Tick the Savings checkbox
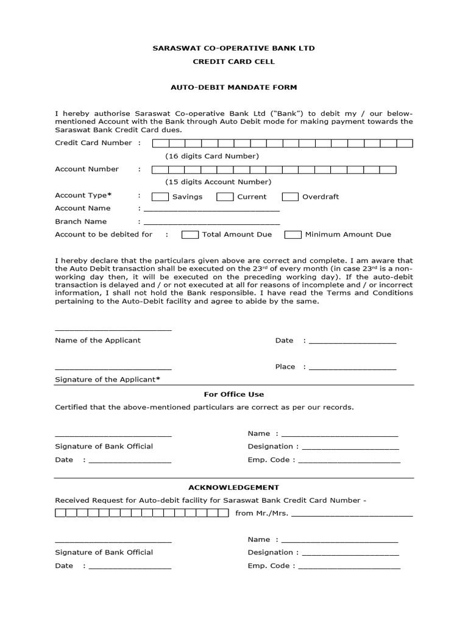click(160, 197)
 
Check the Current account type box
click(225, 197)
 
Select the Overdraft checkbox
click(291, 197)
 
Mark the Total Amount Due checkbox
click(190, 235)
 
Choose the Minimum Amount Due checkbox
click(294, 235)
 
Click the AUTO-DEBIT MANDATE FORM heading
click(233, 87)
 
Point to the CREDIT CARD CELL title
click(233, 62)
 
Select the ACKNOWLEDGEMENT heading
click(233, 487)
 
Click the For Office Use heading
click(233, 394)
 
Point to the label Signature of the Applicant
click(107, 380)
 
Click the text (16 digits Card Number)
click(212, 156)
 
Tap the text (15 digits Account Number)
click(218, 182)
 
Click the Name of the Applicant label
click(97, 340)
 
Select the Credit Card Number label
click(93, 143)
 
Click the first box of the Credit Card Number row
click(160, 143)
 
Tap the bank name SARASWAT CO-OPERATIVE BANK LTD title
click(233, 48)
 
